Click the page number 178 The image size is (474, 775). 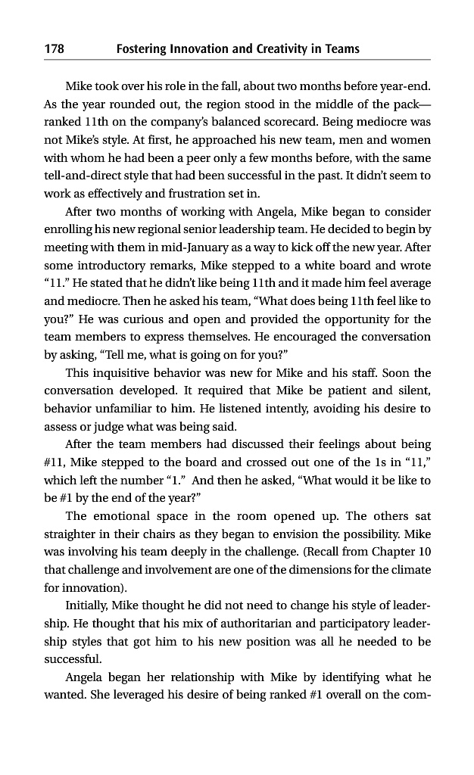point(54,49)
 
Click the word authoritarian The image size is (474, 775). point(234,621)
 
